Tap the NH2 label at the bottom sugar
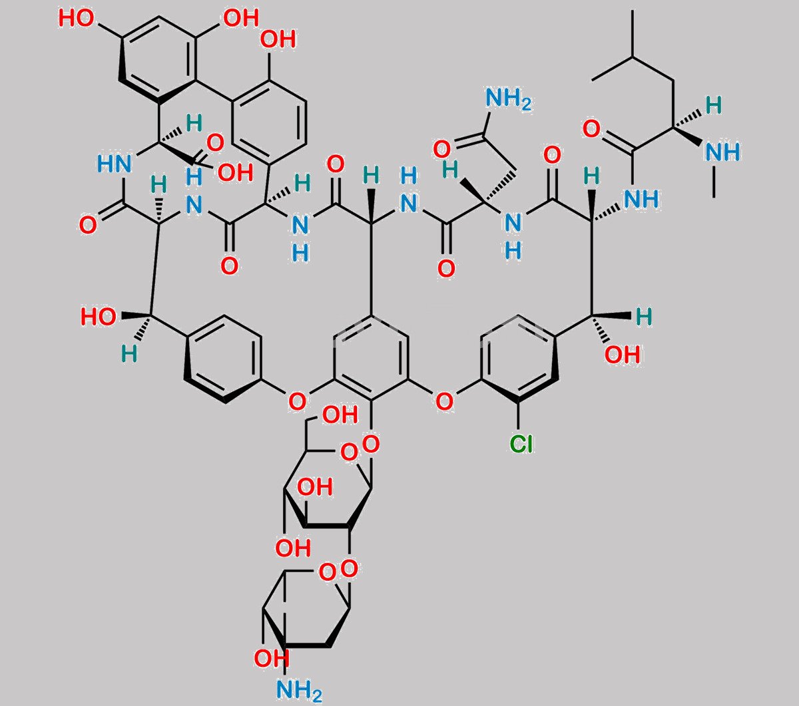(299, 690)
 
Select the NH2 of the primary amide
(509, 98)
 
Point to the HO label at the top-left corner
(77, 19)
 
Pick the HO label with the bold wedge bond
(99, 317)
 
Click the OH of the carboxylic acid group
(235, 172)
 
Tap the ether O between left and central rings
(297, 401)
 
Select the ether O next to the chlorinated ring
(445, 401)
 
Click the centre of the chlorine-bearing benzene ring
(519, 359)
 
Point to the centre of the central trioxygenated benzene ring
(371, 359)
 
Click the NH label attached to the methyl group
(722, 152)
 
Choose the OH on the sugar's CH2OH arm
(340, 415)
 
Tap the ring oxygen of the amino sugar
(328, 572)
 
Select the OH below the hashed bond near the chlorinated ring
(623, 355)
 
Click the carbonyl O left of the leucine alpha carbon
(591, 128)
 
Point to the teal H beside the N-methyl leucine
(714, 105)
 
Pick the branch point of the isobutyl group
(633, 58)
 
